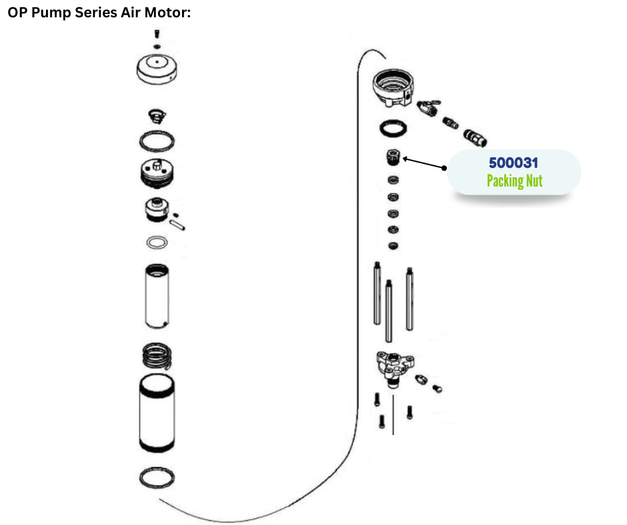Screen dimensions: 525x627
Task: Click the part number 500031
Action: point(514,163)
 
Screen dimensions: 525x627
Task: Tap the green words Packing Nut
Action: point(514,181)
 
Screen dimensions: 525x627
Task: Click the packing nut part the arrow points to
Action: point(394,158)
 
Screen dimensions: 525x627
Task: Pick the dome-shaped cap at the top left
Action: point(156,69)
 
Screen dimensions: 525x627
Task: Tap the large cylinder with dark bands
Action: point(157,415)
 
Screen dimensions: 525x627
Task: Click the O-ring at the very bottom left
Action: point(157,477)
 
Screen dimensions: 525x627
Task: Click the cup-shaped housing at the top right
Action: point(394,87)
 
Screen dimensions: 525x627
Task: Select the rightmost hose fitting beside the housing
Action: point(476,136)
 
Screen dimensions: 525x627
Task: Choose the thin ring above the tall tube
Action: point(156,242)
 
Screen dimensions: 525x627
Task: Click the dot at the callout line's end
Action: point(446,167)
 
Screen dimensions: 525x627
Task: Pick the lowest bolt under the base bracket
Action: point(382,422)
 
